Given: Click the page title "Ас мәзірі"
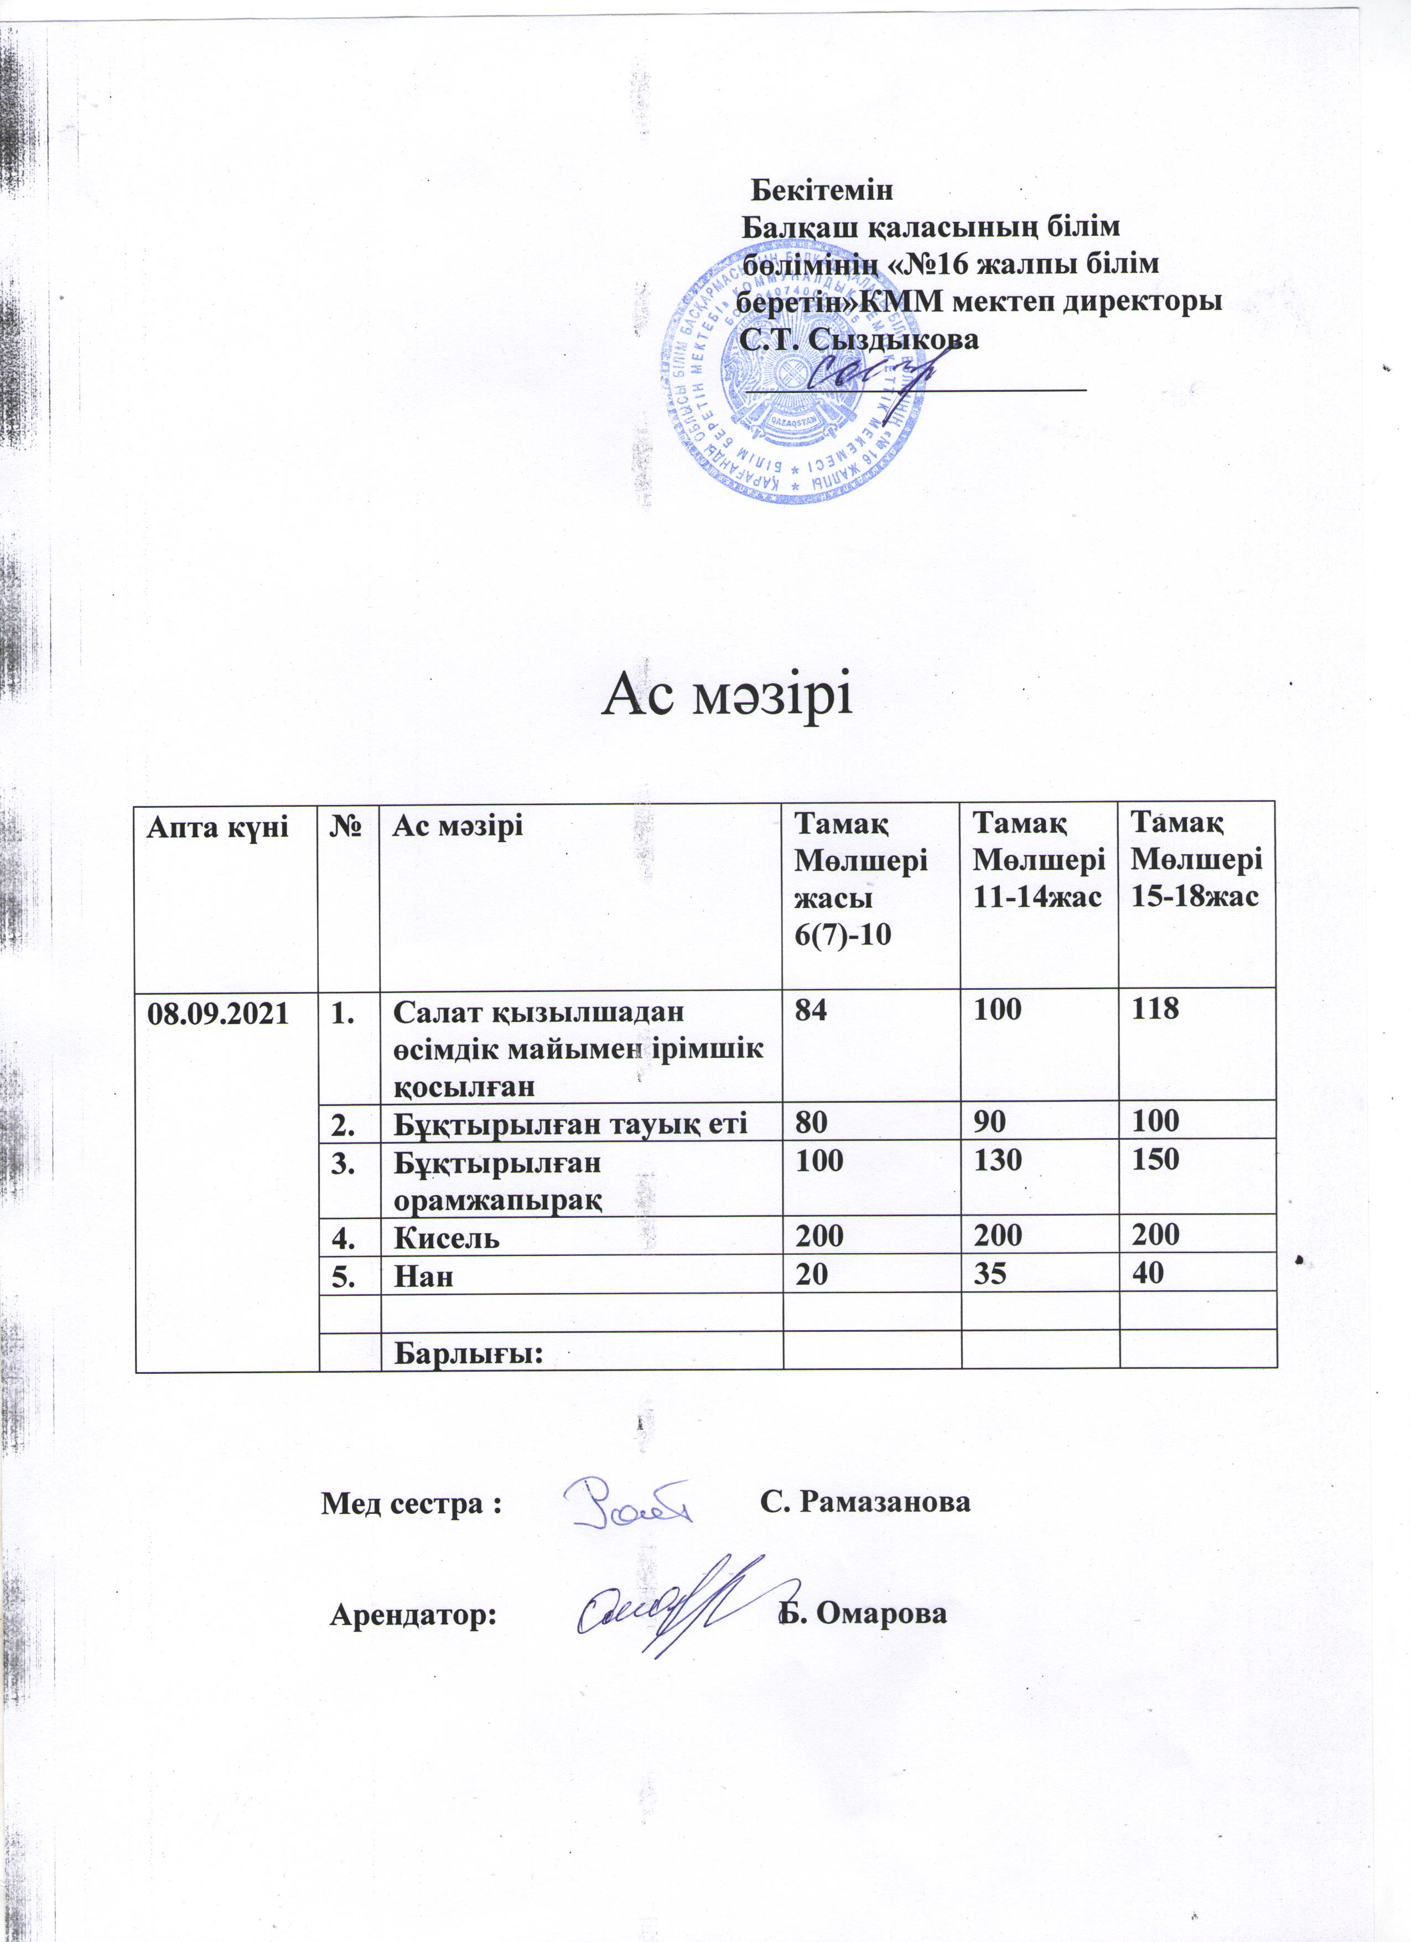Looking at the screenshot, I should pos(729,698).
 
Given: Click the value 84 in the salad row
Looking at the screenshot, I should pos(810,1010).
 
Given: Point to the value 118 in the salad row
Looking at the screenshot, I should pos(1155,1010).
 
